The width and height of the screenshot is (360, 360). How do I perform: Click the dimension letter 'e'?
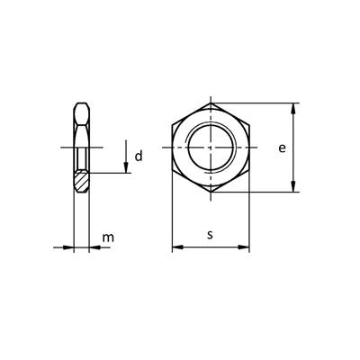pos(282,148)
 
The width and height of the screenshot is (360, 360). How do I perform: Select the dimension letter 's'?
pos(209,235)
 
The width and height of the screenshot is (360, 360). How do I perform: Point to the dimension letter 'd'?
pos(138,157)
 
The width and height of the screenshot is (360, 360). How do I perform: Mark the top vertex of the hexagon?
pos(210,102)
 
